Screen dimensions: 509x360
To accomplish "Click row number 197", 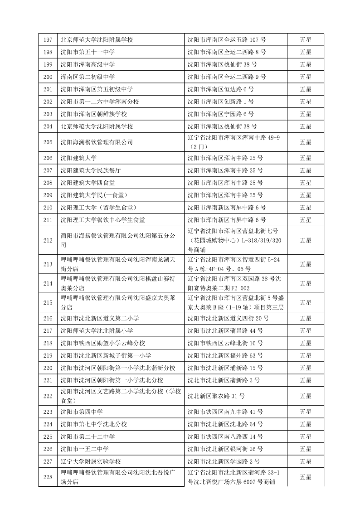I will click(48, 40).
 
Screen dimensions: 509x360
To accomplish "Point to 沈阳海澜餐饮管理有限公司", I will click(97, 142).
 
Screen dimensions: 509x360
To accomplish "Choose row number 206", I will click(48, 158).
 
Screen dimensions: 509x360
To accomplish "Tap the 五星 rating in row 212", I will click(305, 240).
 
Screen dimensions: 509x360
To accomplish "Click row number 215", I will click(48, 302).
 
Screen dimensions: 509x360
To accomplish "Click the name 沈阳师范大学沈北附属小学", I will click(97, 331).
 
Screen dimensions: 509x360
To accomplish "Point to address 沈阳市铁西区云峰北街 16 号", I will click(225, 343).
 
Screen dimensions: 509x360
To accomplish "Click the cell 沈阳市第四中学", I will click(82, 412).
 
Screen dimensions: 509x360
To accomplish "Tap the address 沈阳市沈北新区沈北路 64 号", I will click(225, 424).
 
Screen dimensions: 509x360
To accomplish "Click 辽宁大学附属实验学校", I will click(91, 461).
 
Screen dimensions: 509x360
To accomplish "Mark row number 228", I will click(48, 477).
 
